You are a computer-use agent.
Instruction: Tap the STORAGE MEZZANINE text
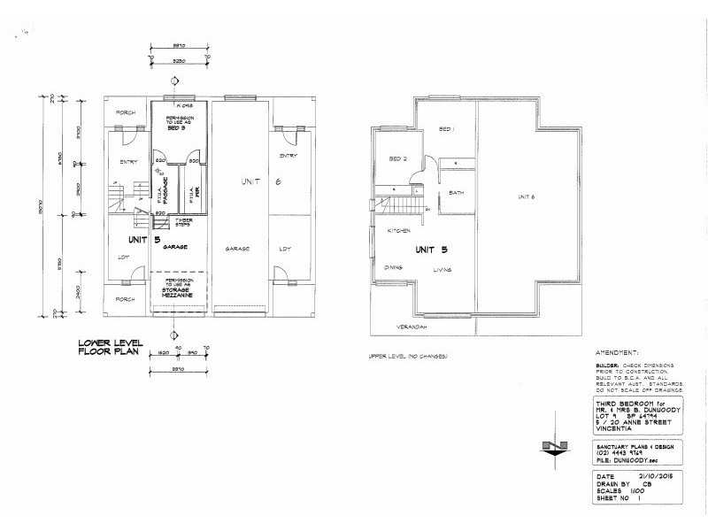[178, 291]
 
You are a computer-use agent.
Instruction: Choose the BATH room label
[457, 193]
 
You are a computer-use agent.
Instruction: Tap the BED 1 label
[447, 129]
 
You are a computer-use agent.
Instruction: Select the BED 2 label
[397, 158]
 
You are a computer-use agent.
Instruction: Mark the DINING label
[394, 266]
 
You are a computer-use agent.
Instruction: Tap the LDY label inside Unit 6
[284, 249]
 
